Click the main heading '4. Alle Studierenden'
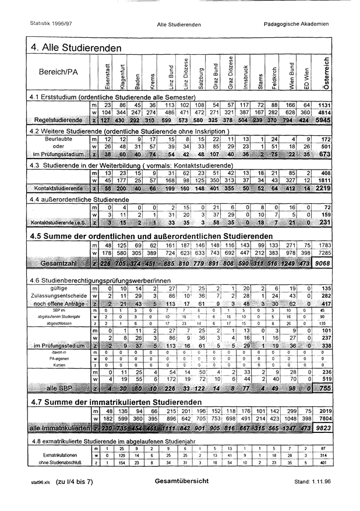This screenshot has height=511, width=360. point(75,47)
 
